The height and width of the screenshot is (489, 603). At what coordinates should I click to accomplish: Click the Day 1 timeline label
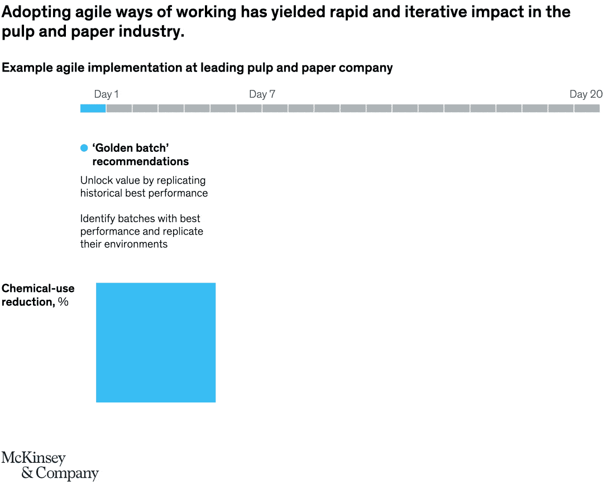coord(106,94)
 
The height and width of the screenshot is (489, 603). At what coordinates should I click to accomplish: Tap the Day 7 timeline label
coord(262,94)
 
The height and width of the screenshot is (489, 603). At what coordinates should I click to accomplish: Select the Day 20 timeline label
coord(586,94)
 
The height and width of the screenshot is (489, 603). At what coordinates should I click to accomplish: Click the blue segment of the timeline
coord(93,108)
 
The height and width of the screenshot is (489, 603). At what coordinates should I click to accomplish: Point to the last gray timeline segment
coord(587,108)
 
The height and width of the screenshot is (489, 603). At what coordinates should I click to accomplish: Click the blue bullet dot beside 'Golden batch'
coord(84,148)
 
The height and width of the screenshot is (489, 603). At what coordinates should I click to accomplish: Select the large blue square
coord(156,342)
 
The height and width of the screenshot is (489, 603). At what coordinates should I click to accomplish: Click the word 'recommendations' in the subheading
coord(140,162)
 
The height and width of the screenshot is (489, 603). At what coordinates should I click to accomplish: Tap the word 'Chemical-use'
coord(38,289)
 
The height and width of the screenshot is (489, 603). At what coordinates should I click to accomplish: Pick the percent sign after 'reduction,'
coord(63,302)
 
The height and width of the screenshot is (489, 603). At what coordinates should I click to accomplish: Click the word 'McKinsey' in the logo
coord(33,458)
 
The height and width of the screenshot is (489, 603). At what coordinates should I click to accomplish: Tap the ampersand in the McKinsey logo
coord(27,473)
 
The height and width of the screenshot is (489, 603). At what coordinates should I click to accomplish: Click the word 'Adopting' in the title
coord(35,12)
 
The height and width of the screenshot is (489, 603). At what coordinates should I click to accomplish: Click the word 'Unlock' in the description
coord(96,180)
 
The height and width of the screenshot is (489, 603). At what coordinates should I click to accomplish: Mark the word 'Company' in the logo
coord(67,473)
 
